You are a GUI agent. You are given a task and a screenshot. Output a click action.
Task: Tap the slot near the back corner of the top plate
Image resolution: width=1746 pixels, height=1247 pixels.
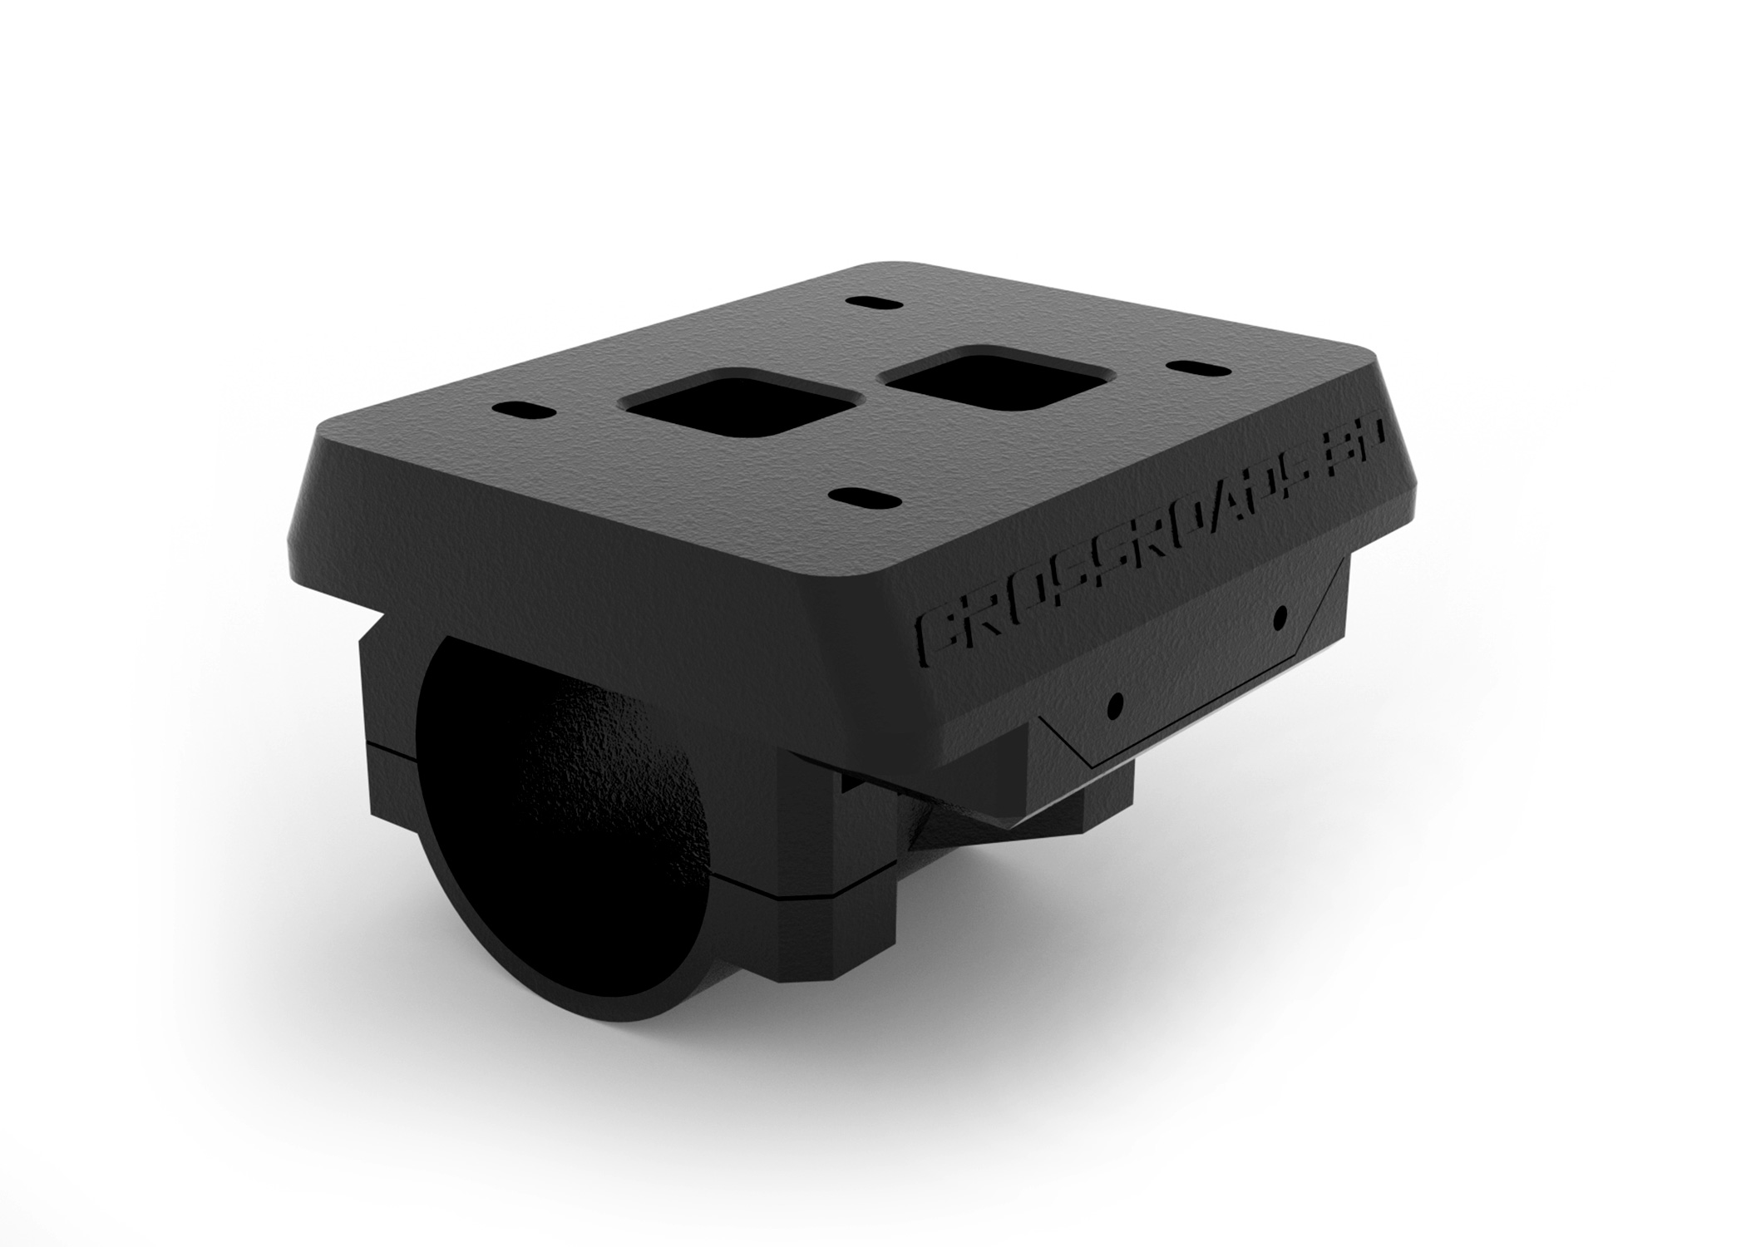point(866,304)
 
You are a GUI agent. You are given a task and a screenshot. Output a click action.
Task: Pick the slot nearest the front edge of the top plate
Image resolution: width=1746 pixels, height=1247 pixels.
point(866,497)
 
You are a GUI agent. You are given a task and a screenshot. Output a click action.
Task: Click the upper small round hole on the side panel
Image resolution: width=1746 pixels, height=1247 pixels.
point(1280,617)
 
